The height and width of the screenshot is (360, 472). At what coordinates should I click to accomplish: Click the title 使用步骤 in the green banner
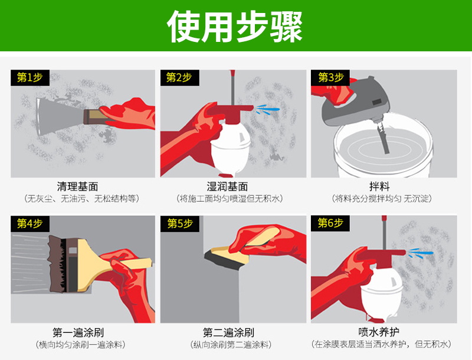(x=234, y=27)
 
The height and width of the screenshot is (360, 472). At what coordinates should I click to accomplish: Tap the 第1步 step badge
(x=30, y=78)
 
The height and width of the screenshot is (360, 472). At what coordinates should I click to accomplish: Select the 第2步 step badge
(x=180, y=78)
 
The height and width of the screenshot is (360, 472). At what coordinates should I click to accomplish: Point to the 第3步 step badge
(x=330, y=78)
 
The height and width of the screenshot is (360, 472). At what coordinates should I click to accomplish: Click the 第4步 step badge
(x=30, y=223)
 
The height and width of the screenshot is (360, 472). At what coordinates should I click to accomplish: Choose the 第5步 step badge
(x=180, y=223)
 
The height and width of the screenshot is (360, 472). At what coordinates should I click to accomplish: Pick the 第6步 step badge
(x=330, y=223)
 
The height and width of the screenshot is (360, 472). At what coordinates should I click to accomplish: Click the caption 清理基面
(x=77, y=186)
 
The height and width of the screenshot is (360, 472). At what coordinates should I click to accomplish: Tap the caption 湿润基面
(x=227, y=186)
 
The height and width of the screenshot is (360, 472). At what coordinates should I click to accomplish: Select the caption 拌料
(x=379, y=186)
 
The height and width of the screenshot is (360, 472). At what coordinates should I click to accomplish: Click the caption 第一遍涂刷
(x=78, y=333)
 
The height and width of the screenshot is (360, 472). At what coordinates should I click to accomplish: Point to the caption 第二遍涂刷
(x=228, y=333)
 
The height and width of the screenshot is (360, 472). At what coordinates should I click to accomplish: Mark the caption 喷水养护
(x=379, y=332)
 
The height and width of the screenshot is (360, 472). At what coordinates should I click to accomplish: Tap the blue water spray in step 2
(x=267, y=109)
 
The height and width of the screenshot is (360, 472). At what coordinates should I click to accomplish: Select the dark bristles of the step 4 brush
(x=57, y=264)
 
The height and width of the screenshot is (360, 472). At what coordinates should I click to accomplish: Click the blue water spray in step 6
(x=420, y=253)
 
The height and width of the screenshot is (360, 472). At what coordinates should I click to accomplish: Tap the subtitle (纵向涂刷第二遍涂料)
(x=231, y=345)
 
